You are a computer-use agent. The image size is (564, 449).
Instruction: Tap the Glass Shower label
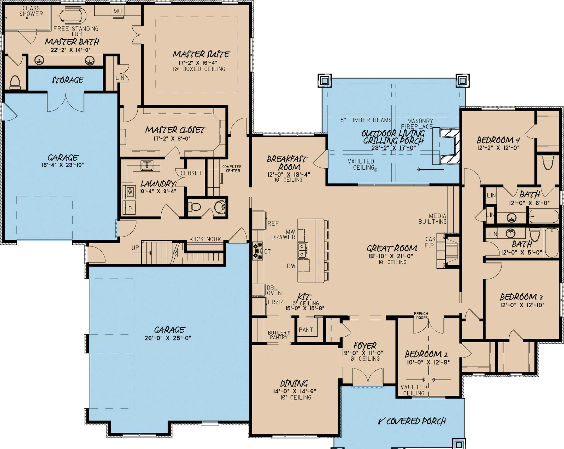[31, 11]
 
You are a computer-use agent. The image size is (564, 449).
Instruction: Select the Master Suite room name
[201, 54]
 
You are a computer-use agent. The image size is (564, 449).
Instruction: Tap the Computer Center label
[232, 169]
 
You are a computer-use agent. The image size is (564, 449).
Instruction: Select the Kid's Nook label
[205, 239]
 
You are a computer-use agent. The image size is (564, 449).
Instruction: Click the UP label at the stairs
[135, 248]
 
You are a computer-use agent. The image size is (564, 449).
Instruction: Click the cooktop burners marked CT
[257, 251]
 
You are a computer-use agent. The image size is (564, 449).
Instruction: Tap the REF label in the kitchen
[273, 223]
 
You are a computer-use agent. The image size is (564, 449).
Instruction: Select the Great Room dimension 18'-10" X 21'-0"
[391, 256]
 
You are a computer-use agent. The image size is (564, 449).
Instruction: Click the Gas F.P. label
[430, 242]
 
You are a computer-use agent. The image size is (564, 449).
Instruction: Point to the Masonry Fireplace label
[420, 124]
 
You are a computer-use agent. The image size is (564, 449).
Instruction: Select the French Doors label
[421, 315]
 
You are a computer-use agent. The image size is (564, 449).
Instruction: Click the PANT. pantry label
[307, 330]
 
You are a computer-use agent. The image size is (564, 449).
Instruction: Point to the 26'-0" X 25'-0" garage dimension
[168, 338]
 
